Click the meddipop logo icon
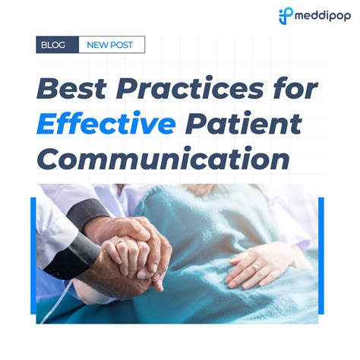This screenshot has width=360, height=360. click(x=286, y=16)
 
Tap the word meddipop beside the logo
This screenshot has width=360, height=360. click(x=323, y=17)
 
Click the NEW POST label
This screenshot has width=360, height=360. click(x=109, y=45)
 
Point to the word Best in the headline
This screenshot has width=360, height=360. click(x=71, y=89)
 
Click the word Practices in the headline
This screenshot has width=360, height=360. click(x=190, y=89)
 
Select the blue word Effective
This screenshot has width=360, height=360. click(x=106, y=123)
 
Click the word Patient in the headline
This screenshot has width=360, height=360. click(x=243, y=123)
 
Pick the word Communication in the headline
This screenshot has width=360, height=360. click(x=163, y=158)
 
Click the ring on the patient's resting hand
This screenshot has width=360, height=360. click(x=255, y=267)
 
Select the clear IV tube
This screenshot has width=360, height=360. click(x=56, y=302)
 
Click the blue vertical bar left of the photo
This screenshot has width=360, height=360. click(x=33, y=256)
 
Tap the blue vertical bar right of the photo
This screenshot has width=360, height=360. click(x=321, y=256)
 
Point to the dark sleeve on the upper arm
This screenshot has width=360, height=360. click(x=89, y=212)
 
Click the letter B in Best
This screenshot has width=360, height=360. click(x=47, y=89)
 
